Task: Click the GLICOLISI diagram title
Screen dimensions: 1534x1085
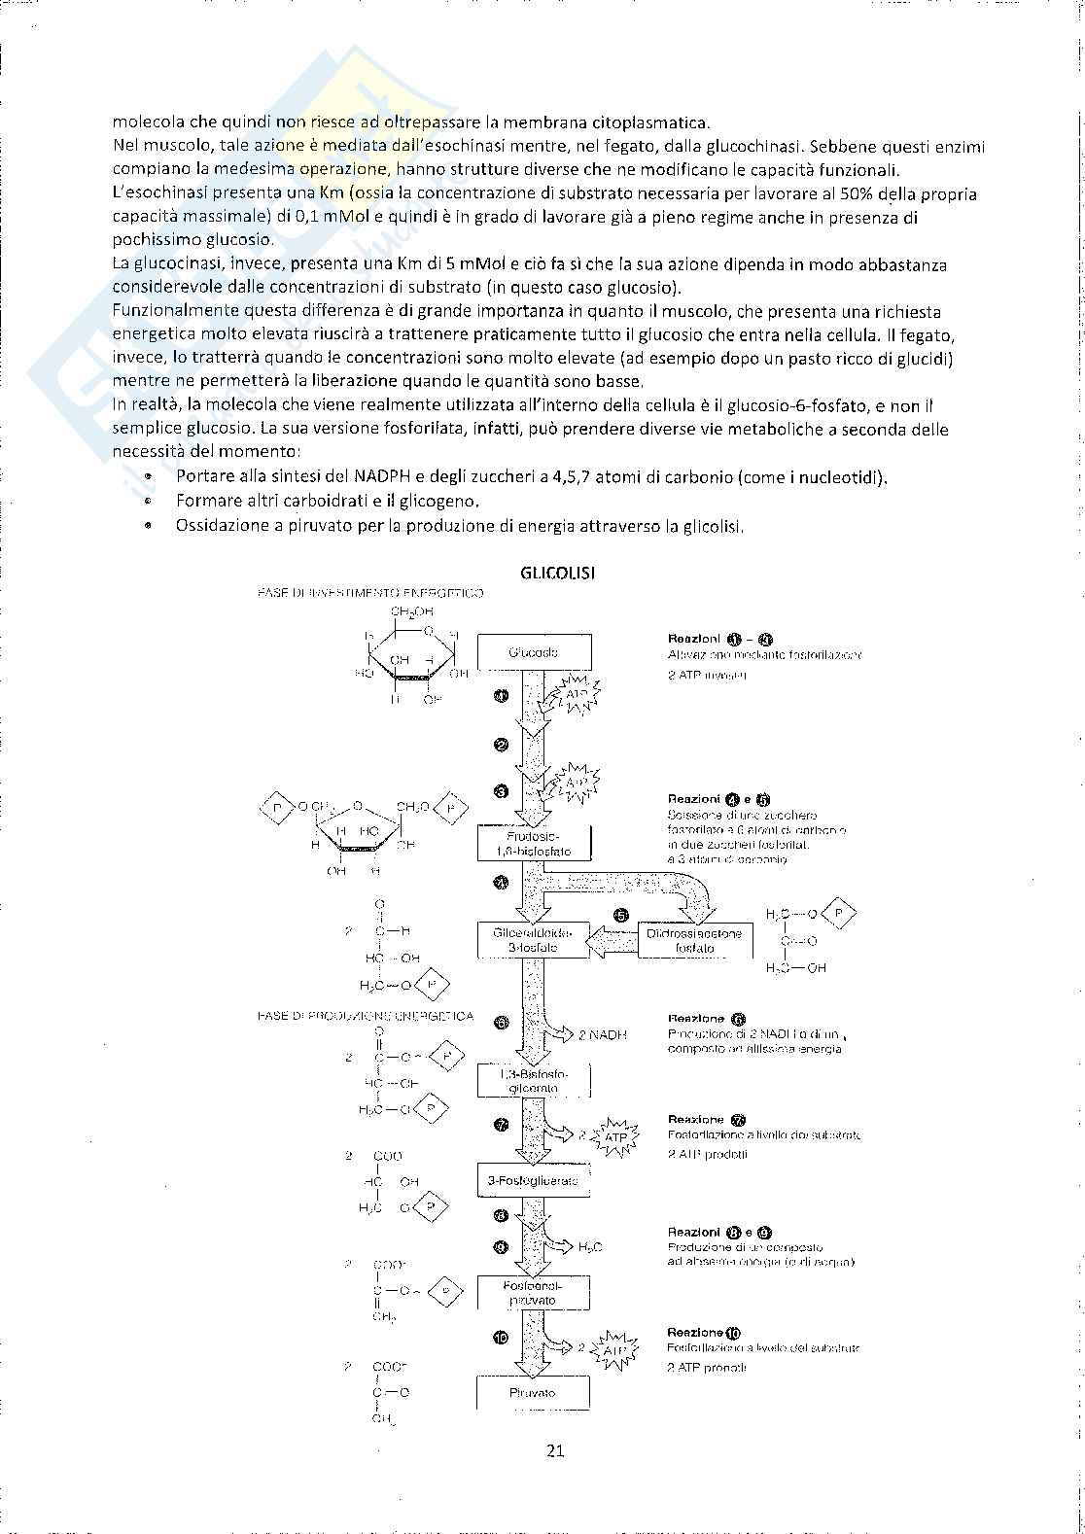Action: point(557,573)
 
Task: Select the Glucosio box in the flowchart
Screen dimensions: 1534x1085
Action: point(534,652)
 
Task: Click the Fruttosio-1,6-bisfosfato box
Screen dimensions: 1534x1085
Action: point(534,843)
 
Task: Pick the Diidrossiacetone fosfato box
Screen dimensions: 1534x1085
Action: point(694,940)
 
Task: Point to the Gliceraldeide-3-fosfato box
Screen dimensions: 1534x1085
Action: point(534,940)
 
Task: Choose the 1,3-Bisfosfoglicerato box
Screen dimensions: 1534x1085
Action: point(534,1081)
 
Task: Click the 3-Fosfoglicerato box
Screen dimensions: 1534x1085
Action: point(534,1181)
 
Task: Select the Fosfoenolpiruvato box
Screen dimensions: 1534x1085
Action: point(534,1292)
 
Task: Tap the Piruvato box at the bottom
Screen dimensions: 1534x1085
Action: point(534,1393)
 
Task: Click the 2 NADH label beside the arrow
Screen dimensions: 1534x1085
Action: point(602,1035)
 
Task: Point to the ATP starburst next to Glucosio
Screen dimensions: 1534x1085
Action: point(577,696)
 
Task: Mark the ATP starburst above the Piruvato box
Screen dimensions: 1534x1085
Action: point(615,1350)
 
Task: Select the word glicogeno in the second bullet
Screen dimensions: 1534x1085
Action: point(443,502)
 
